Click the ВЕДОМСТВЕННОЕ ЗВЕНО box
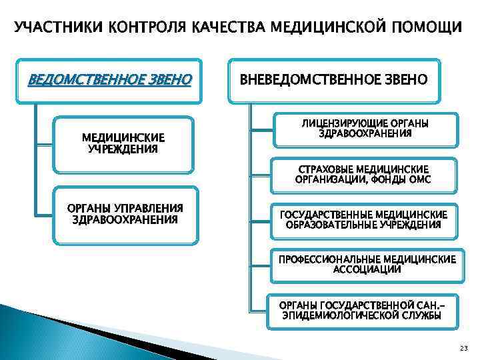[109, 81]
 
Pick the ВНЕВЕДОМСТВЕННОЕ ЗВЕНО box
[333, 81]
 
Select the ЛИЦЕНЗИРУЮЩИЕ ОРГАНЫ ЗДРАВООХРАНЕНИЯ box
[365, 129]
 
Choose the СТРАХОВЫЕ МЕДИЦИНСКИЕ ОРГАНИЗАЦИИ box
[363, 175]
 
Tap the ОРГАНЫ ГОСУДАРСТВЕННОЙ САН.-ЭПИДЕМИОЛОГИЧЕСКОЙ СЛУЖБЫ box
[364, 311]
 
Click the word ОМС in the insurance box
[420, 180]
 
